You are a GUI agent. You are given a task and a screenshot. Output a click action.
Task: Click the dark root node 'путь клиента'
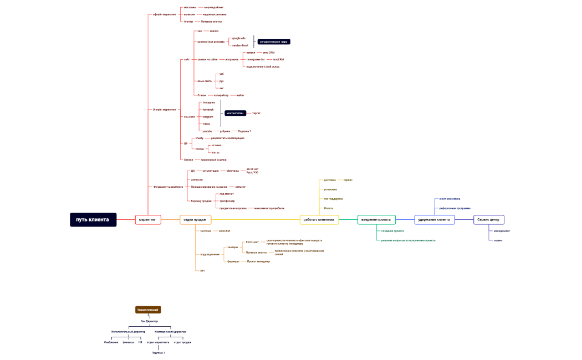click(x=93, y=220)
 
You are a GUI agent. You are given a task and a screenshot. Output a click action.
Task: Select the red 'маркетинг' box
click(x=148, y=220)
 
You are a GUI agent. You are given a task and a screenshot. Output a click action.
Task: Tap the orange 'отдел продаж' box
click(x=196, y=220)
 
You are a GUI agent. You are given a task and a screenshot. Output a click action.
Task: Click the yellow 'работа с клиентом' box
click(x=320, y=220)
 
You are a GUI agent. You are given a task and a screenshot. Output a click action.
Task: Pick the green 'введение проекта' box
click(x=376, y=220)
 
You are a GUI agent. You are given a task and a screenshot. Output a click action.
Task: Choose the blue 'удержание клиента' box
click(x=435, y=220)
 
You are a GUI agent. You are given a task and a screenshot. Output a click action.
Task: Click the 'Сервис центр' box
click(x=488, y=220)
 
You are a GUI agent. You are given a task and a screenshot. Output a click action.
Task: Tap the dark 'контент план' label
click(x=235, y=113)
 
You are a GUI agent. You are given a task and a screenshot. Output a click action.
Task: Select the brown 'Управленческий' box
click(x=148, y=310)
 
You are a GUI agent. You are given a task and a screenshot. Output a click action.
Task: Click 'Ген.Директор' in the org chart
click(x=149, y=321)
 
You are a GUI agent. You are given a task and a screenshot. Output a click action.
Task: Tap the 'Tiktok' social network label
click(x=206, y=124)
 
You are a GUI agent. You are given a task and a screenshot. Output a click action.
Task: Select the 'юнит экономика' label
click(x=450, y=198)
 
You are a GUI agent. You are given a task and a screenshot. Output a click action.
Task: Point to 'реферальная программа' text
click(x=455, y=208)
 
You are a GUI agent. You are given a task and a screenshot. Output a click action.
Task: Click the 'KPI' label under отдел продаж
click(x=202, y=270)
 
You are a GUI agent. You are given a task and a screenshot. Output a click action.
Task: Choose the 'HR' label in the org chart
click(x=140, y=342)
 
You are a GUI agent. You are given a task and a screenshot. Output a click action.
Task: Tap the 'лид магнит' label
click(x=226, y=194)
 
